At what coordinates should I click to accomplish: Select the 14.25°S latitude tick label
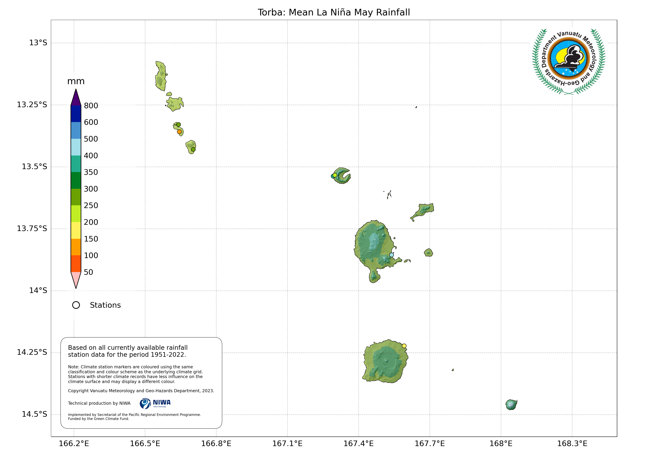point(32,352)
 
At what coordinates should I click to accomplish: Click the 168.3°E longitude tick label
point(572,444)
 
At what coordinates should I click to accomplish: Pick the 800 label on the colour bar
point(91,106)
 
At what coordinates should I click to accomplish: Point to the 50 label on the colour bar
point(88,272)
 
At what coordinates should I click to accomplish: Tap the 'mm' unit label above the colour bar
point(76,81)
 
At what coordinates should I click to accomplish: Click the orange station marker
point(179,132)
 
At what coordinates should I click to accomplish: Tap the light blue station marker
point(391,255)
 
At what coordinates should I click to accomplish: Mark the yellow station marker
point(404,346)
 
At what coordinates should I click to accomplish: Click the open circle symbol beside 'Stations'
point(76,305)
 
